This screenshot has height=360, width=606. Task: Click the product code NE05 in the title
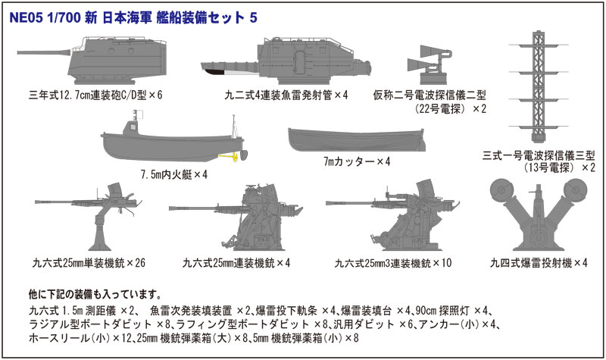click(x=27, y=16)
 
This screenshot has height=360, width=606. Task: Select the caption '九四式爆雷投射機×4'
click(x=539, y=263)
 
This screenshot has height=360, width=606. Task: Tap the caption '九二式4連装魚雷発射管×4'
click(x=275, y=96)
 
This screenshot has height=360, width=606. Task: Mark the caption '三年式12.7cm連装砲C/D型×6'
click(x=95, y=96)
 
